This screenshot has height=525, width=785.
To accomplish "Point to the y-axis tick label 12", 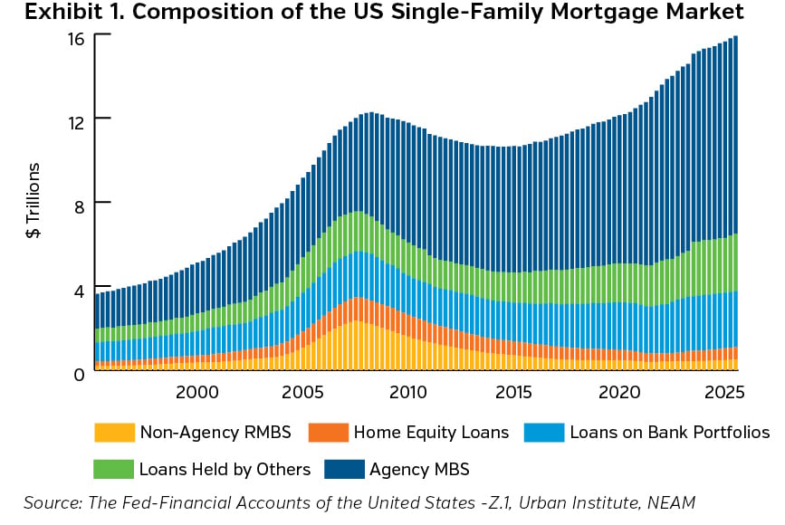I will click(75, 121).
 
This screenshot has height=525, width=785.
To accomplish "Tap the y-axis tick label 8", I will click(79, 205).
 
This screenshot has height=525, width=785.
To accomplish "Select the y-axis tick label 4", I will click(79, 290).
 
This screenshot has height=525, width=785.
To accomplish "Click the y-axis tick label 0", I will click(79, 373).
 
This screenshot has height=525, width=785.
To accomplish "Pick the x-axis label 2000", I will click(196, 394).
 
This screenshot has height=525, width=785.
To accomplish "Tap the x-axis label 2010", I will click(408, 394).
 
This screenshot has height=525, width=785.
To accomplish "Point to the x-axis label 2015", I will click(514, 394).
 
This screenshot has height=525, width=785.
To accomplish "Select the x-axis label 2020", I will click(620, 394).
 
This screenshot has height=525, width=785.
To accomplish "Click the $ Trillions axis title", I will click(34, 201).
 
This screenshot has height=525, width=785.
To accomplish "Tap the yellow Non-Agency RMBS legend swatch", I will click(113, 432).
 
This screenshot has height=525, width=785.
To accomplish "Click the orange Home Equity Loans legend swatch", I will click(328, 432).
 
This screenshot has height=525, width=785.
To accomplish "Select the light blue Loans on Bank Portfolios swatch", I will click(543, 432).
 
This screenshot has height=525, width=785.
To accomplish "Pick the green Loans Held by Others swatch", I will click(113, 469).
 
